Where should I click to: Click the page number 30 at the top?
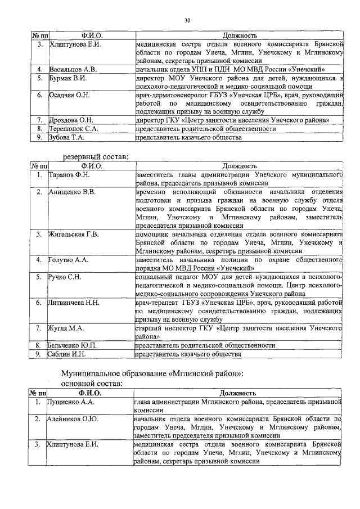pos(187,21)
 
